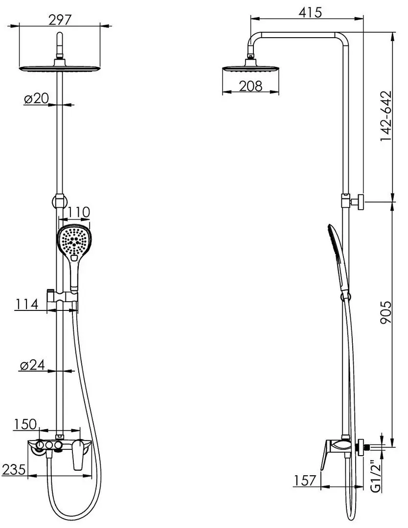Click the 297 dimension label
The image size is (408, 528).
point(60,19)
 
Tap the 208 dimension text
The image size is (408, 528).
point(251,86)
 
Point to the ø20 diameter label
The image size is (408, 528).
point(36,98)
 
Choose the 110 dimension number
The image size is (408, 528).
point(76,212)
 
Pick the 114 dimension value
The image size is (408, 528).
point(26,304)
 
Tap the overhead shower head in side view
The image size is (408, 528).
point(250,68)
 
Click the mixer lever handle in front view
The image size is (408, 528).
point(78,457)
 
